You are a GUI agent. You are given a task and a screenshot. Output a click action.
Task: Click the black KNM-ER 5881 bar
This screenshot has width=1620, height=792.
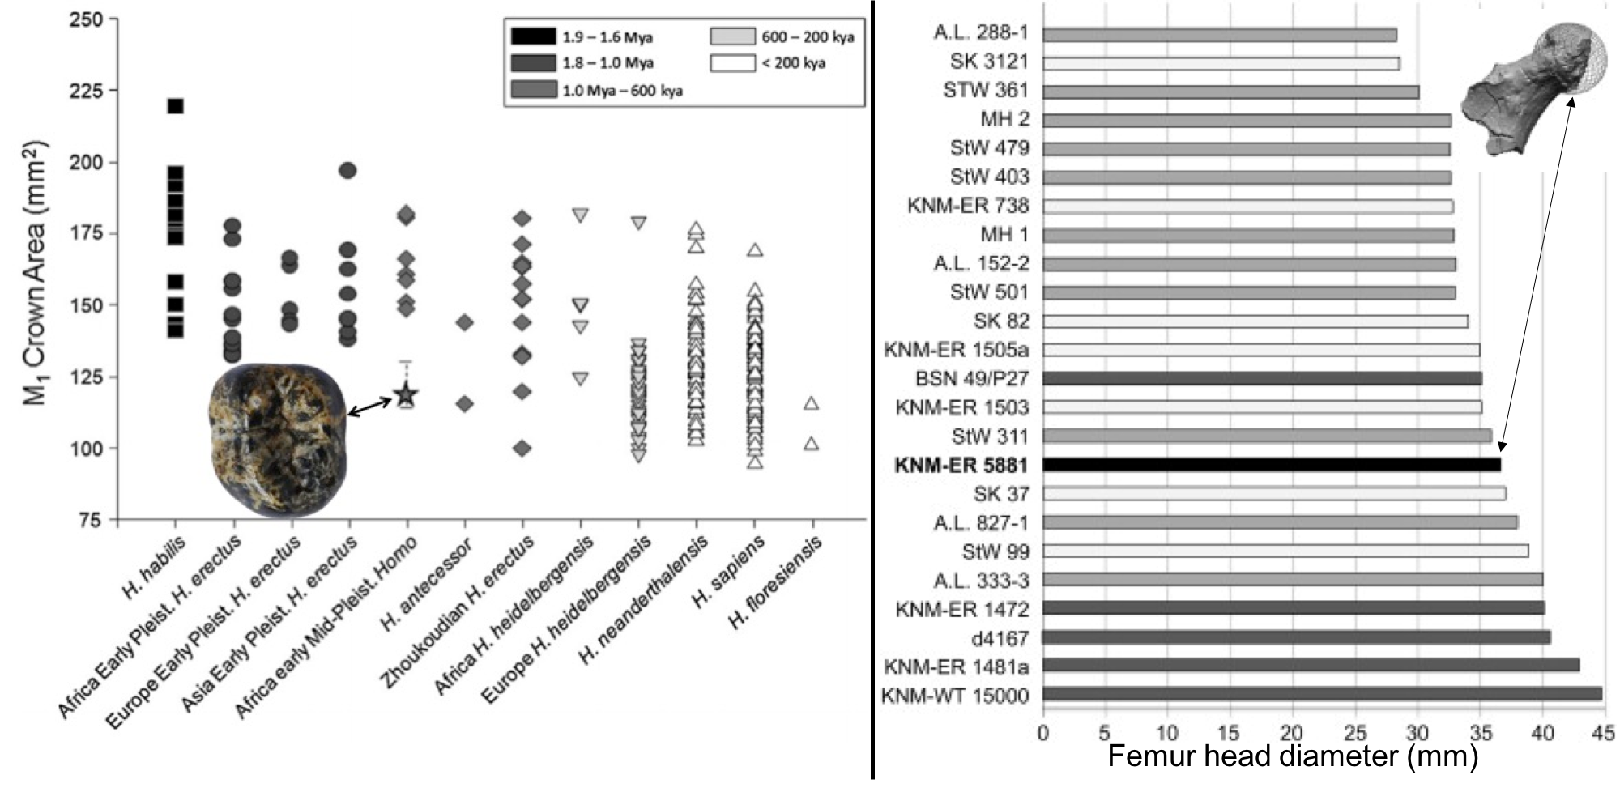point(1271,465)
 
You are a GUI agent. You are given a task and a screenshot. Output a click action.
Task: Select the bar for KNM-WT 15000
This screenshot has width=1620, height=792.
point(1322,694)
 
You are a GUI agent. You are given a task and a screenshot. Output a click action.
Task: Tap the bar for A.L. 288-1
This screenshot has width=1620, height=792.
point(1219,35)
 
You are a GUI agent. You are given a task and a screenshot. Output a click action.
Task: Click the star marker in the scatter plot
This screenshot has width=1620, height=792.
point(406,395)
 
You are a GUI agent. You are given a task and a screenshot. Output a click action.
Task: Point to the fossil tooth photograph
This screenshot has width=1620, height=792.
point(279,439)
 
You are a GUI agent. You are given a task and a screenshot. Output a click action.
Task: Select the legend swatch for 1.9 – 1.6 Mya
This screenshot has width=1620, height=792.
point(533,36)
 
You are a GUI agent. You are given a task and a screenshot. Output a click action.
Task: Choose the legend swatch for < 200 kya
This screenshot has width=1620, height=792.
point(732,63)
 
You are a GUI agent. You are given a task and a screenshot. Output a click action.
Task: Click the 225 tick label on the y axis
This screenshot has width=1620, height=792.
point(87,91)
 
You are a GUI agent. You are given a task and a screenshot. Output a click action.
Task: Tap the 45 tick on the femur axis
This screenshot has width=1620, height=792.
point(1603,733)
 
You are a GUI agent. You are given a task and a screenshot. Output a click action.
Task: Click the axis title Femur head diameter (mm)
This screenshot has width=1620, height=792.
point(1292,756)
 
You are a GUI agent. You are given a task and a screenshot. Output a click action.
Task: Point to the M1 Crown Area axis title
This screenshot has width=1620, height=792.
point(34,272)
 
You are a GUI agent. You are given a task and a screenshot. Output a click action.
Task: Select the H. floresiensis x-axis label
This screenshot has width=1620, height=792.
point(776,582)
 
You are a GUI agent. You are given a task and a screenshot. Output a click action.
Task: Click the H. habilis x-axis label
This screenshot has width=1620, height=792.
point(154,568)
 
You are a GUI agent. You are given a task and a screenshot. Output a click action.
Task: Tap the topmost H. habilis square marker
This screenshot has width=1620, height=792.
point(175,106)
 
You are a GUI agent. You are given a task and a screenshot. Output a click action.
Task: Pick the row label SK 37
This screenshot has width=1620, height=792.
point(1000,494)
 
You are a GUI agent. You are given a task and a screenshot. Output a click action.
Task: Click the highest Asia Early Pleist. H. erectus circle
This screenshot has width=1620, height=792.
point(347,171)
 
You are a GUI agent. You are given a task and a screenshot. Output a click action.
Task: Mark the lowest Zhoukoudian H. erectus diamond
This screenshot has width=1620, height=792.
point(522,448)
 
